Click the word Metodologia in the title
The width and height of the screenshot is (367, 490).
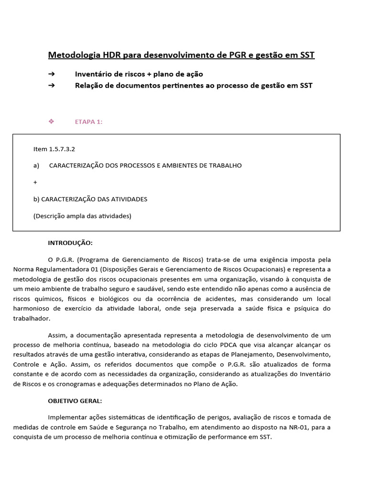(x=70, y=55)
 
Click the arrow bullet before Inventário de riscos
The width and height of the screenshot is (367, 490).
(x=51, y=74)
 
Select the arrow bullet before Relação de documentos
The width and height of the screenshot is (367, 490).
(x=51, y=86)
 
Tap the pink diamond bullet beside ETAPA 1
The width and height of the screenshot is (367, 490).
(x=51, y=122)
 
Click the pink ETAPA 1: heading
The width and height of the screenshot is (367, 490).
(x=88, y=122)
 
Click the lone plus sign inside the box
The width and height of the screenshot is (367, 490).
(x=35, y=182)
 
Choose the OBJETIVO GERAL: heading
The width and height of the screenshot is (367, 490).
(x=75, y=401)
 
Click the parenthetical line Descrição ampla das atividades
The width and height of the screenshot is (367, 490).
(x=82, y=216)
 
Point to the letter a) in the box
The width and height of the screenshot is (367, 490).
(x=36, y=166)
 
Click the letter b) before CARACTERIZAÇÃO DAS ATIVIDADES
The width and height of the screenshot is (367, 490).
(x=36, y=199)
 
